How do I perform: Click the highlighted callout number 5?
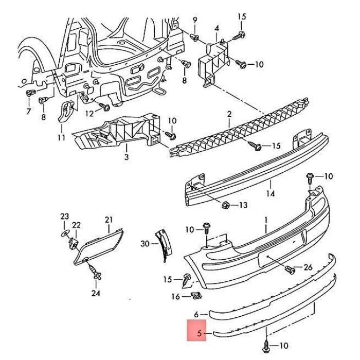coord(200,333)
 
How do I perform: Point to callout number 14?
coord(271,194)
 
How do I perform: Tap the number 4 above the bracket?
coord(217,28)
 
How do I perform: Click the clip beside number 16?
coord(195,296)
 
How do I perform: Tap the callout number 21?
coord(109,220)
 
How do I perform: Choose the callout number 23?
coord(64,217)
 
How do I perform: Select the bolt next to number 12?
coord(106,108)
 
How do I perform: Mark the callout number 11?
coord(62,137)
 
